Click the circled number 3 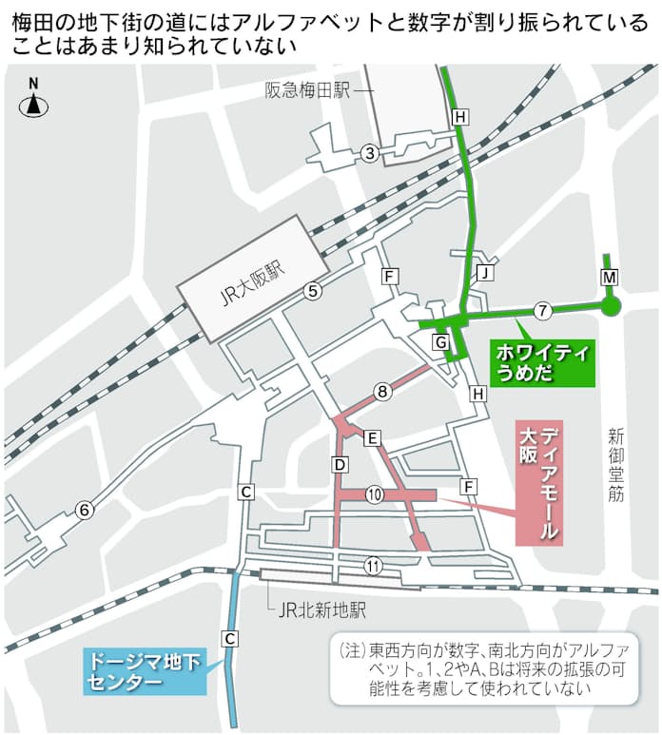tap(371, 153)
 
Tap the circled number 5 tap(313, 292)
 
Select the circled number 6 tap(85, 511)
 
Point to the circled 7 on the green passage tap(542, 310)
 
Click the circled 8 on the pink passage tap(382, 391)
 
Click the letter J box tap(485, 274)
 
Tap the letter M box tap(610, 277)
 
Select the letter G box tap(440, 341)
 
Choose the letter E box tap(373, 438)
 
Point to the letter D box tap(338, 464)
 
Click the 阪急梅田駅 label tap(307, 90)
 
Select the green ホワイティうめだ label tap(543, 363)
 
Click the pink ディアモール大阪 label tap(538, 483)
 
